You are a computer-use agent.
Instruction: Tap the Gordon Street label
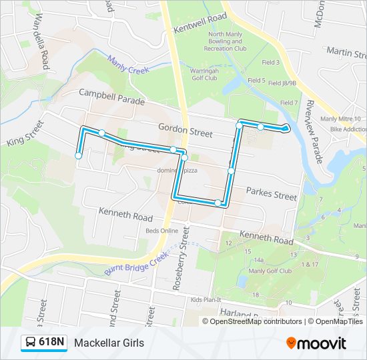[x=186, y=129]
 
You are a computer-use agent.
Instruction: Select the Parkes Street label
[x=271, y=194]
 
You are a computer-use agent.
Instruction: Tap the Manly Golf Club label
[x=270, y=271]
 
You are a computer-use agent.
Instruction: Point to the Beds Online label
[x=162, y=231]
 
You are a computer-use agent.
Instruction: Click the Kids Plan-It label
[x=205, y=300]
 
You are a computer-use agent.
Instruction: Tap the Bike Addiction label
[x=343, y=127]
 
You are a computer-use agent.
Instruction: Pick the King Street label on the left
[x=25, y=133]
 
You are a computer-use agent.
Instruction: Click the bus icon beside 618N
[x=31, y=343]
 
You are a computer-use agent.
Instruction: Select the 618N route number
[x=52, y=343]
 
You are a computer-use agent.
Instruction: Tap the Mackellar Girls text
[x=109, y=343]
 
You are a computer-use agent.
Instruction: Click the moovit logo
[x=316, y=343]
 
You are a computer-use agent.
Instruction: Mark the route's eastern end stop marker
[x=285, y=127]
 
